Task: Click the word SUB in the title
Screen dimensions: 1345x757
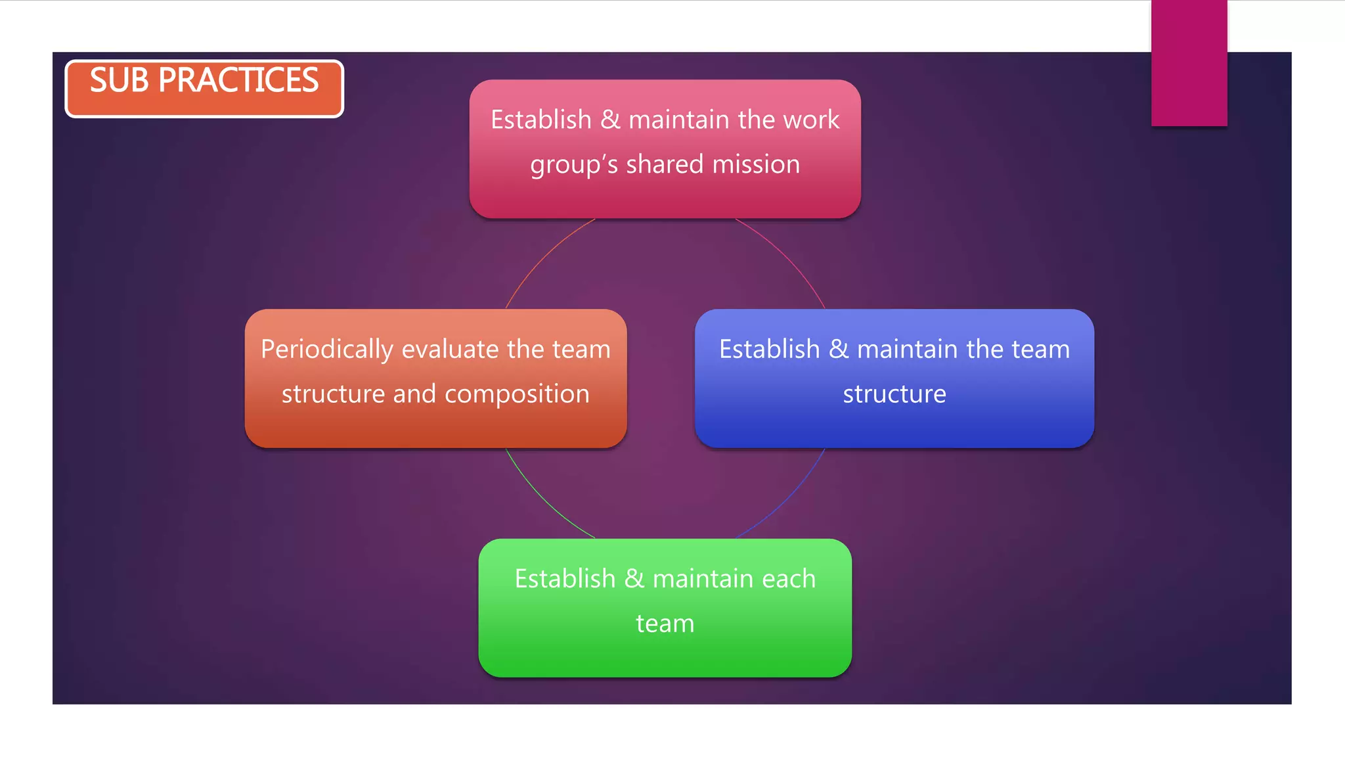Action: coord(120,81)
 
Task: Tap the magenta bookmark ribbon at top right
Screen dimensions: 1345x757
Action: coord(1189,62)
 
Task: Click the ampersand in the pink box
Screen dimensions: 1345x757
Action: coord(610,120)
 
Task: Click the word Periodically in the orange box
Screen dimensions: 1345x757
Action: coord(326,350)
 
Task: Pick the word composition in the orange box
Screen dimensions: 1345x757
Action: coord(517,394)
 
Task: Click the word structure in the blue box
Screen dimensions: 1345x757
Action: coord(894,394)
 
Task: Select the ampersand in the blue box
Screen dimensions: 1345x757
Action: coord(839,350)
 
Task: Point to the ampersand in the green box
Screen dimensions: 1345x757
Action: coord(634,579)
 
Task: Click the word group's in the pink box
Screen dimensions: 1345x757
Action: coord(574,164)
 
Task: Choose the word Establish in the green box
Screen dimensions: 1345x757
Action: coord(565,579)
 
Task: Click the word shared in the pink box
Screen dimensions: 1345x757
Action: coord(665,164)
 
